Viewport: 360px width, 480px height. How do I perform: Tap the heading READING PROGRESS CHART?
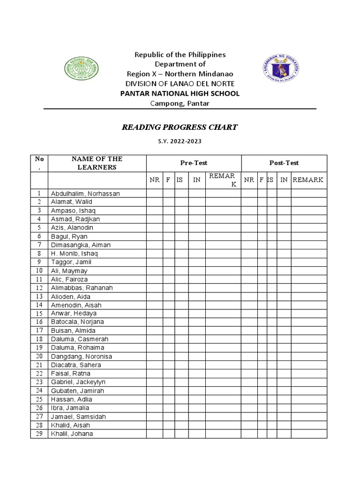180,127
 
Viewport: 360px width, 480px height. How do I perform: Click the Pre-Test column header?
194,163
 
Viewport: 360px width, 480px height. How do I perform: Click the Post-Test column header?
284,163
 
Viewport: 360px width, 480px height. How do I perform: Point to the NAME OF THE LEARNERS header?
97,163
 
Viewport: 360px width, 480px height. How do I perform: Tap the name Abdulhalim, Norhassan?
85,193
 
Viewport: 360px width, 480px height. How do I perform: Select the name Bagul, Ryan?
69,236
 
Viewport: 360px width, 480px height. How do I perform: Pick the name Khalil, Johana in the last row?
72,434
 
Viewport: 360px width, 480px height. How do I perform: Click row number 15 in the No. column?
39,313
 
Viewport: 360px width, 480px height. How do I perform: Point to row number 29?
39,434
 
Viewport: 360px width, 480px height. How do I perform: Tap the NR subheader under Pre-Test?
155,180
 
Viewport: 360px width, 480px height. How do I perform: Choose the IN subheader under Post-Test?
284,180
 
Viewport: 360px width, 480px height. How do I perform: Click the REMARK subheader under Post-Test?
308,180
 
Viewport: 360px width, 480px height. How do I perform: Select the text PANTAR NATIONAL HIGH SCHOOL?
180,93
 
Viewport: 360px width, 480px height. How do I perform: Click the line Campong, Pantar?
180,103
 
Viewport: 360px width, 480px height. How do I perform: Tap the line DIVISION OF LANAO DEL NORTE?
180,83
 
